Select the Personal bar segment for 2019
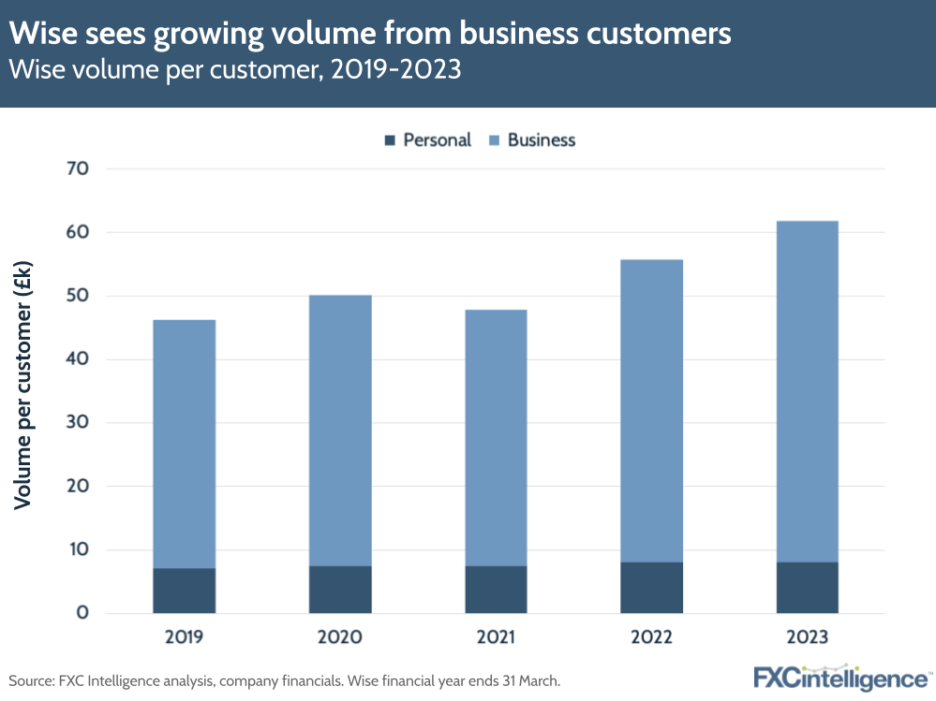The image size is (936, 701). [184, 591]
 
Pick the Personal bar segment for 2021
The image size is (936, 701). [495, 590]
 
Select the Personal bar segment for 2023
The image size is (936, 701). [807, 588]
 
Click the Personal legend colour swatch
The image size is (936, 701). [390, 140]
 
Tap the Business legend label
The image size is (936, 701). [541, 140]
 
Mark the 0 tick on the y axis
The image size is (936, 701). [82, 613]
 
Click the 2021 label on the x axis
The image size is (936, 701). [495, 638]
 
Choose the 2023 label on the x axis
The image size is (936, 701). [807, 638]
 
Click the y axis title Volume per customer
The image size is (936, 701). [23, 387]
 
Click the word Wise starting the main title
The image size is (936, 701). [39, 35]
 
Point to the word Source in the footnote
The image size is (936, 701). [32, 680]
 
